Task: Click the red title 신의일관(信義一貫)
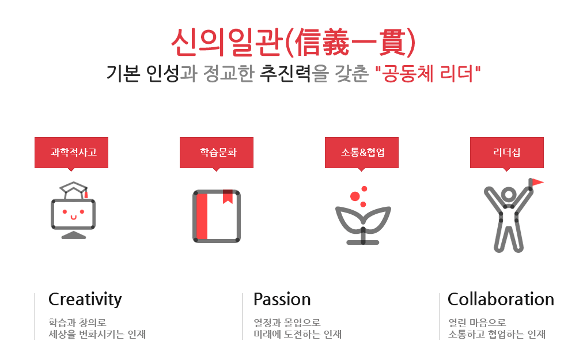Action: click(x=293, y=43)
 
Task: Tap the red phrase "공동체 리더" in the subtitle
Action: click(x=428, y=73)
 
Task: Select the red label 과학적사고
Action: click(x=71, y=153)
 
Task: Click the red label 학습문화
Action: click(x=217, y=153)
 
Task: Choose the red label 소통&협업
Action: click(x=362, y=153)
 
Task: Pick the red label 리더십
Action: click(x=507, y=153)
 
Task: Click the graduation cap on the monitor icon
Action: click(x=74, y=190)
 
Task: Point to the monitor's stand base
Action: click(x=74, y=235)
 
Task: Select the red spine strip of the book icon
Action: click(x=202, y=216)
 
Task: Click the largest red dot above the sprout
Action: click(x=355, y=196)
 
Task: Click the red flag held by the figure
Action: click(x=536, y=182)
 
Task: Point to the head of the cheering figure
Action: click(x=509, y=195)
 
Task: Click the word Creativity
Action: click(x=85, y=300)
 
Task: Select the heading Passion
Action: click(x=282, y=300)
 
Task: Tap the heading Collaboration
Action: click(x=501, y=300)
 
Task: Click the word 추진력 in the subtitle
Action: click(x=285, y=73)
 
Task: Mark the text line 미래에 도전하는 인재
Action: click(x=297, y=334)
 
